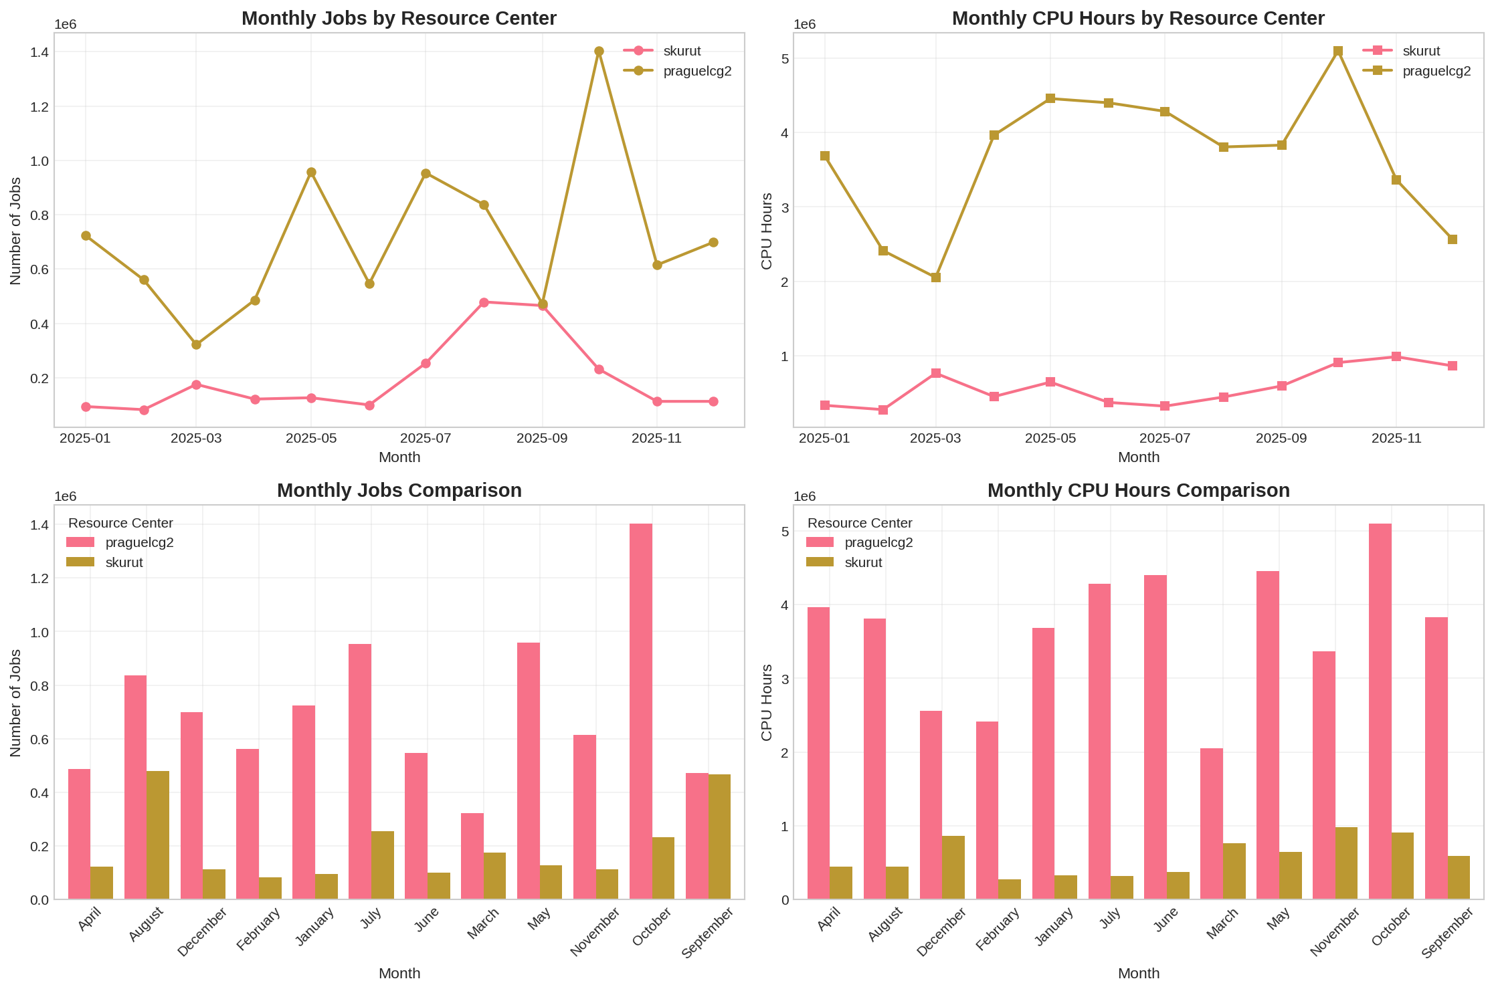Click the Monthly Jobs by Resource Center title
pos(399,19)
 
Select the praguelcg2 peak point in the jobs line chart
pos(599,51)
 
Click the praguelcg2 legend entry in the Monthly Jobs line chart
pos(697,71)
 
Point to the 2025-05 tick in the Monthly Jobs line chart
pos(311,439)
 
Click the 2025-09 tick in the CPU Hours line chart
pos(1281,439)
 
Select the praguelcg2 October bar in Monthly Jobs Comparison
pos(641,711)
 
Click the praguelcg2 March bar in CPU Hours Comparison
pos(1211,823)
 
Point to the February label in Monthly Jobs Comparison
pos(258,930)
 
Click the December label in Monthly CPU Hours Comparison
pos(941,931)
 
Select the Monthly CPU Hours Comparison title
pos(1138,491)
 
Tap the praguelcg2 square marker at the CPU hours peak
pos(1338,51)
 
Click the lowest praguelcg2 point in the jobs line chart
pos(196,344)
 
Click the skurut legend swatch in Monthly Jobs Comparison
pos(80,562)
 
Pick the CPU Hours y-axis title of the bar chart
pos(767,702)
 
